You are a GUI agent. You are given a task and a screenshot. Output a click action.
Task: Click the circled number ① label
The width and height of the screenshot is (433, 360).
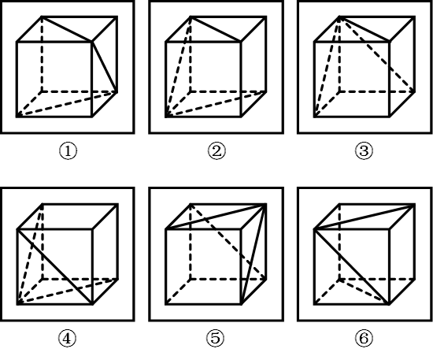pos(68,150)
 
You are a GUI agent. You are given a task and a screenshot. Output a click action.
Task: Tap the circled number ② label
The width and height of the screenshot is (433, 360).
pos(216,150)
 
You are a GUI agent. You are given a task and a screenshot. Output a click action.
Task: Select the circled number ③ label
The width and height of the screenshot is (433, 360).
pos(364,150)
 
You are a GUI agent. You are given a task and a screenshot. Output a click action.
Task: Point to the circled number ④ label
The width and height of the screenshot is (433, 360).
pos(67,338)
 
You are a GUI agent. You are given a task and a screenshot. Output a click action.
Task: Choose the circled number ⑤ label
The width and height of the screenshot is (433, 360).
pos(216,338)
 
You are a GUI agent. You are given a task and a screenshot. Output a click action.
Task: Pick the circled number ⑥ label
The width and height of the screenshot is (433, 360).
pos(364,338)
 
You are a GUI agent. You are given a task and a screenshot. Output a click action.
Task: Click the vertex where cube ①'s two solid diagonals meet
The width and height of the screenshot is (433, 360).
pos(92,42)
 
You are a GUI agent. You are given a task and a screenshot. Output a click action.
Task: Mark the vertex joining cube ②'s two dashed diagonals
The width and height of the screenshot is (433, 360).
pos(165,117)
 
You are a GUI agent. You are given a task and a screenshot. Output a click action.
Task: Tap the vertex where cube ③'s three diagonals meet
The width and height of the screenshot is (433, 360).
pos(340,17)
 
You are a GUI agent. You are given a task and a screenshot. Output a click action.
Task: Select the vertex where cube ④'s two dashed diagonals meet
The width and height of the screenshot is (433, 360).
pos(17,304)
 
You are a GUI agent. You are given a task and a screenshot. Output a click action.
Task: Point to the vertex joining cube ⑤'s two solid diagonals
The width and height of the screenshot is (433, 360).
pos(266,205)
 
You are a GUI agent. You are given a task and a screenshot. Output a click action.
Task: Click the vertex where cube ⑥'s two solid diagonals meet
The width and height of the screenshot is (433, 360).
pos(315,229)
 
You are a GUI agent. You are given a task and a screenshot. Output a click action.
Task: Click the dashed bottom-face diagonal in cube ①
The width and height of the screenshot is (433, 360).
pos(67,105)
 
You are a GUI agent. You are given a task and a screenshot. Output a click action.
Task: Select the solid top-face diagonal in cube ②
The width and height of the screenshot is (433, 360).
pos(216,30)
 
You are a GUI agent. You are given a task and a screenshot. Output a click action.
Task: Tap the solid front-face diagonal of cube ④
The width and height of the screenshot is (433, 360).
pos(54,266)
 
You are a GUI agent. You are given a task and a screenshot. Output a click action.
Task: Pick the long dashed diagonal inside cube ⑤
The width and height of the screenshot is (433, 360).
pos(228,243)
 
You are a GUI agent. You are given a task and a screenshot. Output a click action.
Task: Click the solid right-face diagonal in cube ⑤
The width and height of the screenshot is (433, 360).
pos(254,254)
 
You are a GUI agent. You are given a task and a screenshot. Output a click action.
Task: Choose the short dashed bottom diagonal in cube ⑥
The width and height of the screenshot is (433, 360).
pos(365,292)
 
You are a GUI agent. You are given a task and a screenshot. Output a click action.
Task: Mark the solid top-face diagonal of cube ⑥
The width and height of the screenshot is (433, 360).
pos(365,217)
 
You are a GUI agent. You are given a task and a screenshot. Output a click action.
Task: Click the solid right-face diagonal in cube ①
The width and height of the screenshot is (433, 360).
pos(105,67)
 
